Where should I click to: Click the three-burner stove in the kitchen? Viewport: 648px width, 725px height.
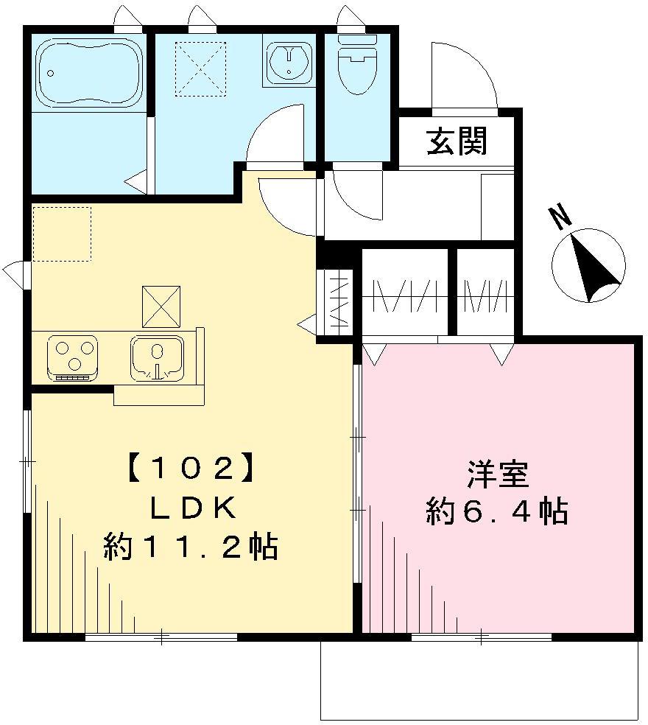[x=72, y=357]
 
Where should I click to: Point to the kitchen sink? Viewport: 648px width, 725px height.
[x=156, y=357]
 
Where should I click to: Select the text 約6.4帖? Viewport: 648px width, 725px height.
[x=497, y=510]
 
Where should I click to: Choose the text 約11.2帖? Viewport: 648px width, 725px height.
[x=191, y=547]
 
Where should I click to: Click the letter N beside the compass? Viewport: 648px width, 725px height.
[x=561, y=216]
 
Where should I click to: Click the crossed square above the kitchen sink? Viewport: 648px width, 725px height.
[x=161, y=305]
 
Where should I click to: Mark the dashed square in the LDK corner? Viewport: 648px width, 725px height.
[x=62, y=234]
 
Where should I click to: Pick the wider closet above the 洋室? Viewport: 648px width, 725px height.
[x=406, y=295]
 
